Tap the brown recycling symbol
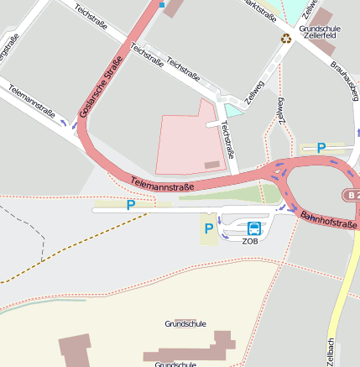click(x=286, y=38)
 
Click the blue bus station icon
click(x=253, y=228)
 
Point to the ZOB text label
click(x=250, y=241)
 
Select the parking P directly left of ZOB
click(x=208, y=228)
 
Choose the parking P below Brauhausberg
click(x=321, y=148)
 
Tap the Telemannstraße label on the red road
click(x=162, y=181)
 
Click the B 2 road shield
click(x=352, y=195)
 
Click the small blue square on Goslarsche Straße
click(x=161, y=4)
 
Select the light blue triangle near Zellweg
click(x=232, y=110)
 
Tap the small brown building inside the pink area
click(x=212, y=165)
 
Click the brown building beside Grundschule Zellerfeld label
click(x=321, y=17)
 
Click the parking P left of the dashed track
click(x=130, y=204)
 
